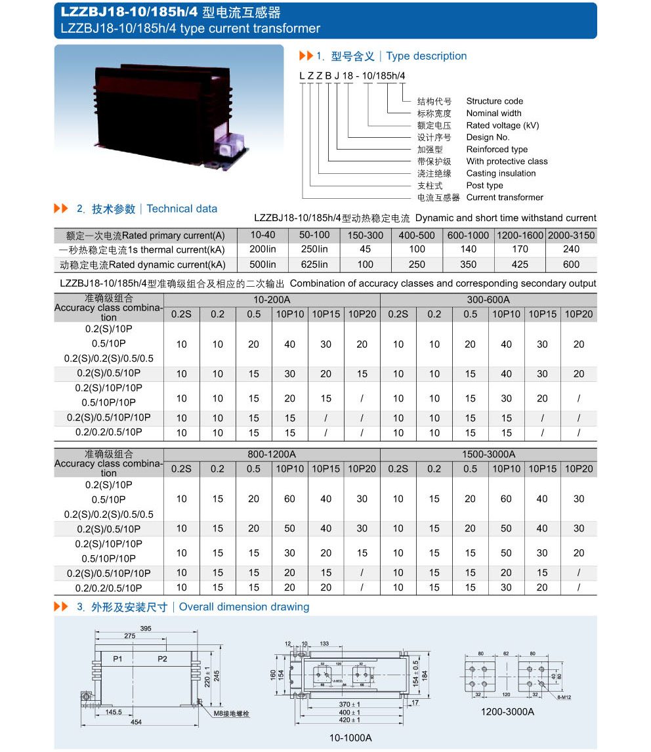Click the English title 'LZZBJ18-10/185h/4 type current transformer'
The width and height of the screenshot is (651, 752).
coord(190,28)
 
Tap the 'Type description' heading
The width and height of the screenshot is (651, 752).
coord(427,56)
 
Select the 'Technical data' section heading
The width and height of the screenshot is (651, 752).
coord(182,209)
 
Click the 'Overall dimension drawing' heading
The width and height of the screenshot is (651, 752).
coord(244,607)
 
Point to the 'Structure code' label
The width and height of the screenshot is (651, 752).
coord(494,101)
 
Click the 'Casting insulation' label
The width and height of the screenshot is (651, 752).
coord(501,173)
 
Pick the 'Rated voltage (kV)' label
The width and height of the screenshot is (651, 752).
coord(502,125)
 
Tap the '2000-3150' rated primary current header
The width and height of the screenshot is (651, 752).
coord(571,235)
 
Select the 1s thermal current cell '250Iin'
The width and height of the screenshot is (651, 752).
coord(314,249)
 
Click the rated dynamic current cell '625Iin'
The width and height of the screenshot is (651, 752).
coord(314,264)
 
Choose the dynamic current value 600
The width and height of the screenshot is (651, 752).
coord(571,264)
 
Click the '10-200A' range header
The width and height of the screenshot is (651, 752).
coord(272,300)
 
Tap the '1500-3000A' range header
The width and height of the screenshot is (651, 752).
coord(488,454)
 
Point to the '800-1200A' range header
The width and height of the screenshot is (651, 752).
coord(272,454)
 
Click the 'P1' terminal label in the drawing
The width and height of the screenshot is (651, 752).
coord(117,658)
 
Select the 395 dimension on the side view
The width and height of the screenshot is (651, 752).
coord(146,629)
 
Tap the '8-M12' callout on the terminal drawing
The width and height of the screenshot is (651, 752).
coord(560,698)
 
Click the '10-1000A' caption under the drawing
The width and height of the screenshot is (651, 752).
coord(350,738)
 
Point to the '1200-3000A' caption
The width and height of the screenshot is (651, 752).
coord(507,711)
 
